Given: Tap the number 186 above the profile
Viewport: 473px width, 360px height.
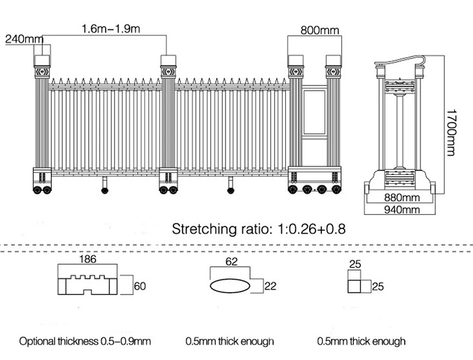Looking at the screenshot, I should pos(87,260).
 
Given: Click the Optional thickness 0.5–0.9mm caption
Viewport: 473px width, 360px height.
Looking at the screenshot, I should pos(84,341).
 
